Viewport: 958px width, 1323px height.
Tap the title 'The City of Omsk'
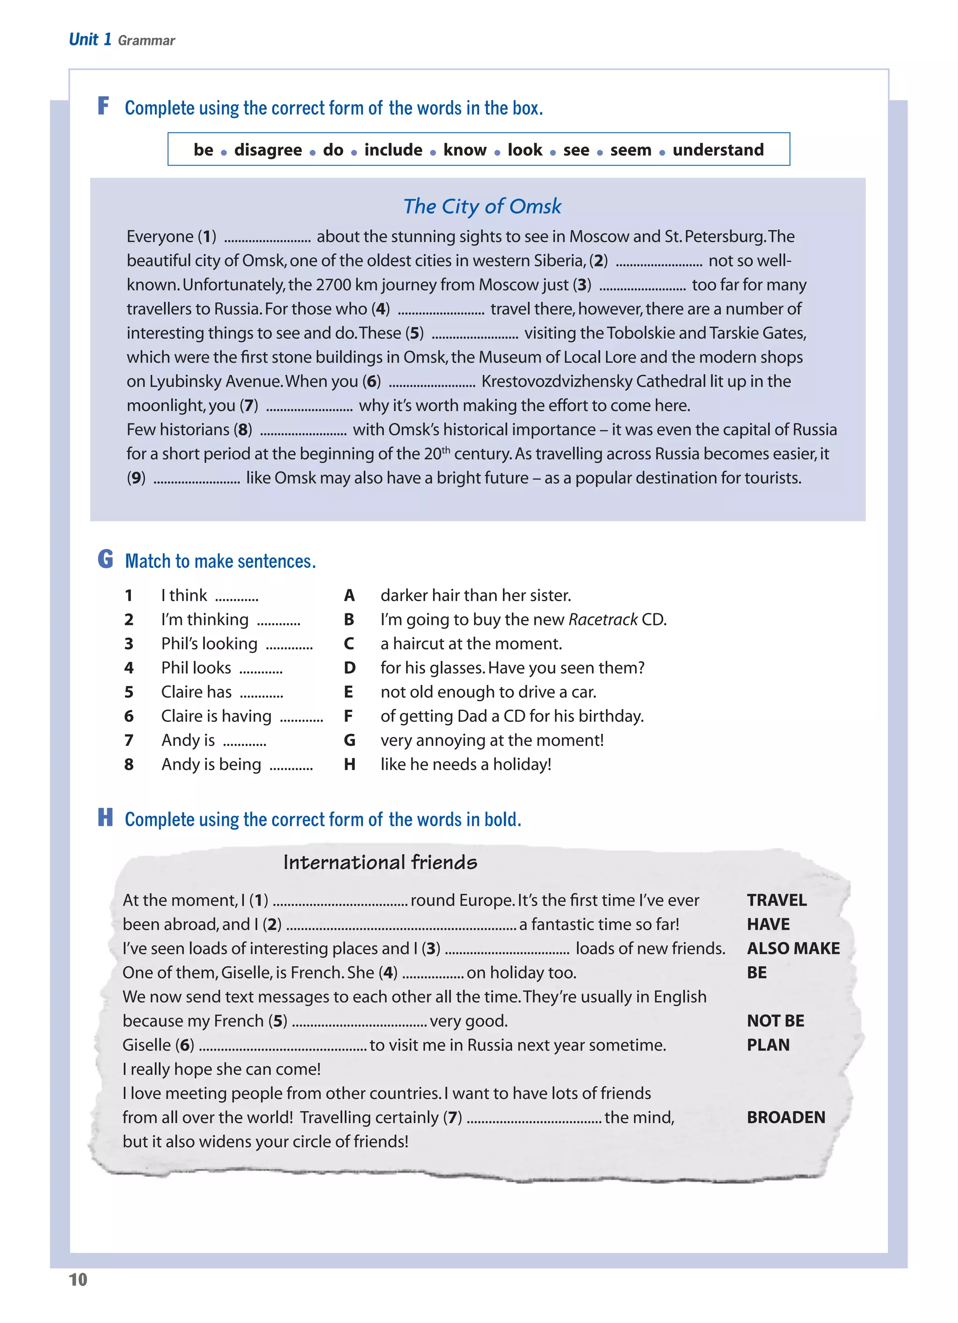coord(482,206)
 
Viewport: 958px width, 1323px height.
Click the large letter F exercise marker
coord(103,106)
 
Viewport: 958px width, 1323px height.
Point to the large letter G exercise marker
coord(105,559)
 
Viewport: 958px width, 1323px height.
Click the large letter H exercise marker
coord(105,817)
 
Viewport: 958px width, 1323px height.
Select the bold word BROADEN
coord(785,1117)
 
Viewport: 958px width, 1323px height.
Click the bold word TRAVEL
coord(777,900)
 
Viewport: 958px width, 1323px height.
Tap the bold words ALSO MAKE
coord(793,948)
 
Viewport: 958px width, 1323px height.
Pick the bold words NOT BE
coord(776,1021)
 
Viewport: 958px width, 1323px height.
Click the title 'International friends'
coord(380,862)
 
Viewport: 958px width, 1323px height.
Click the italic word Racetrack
coord(602,619)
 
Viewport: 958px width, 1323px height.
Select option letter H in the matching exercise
coord(349,764)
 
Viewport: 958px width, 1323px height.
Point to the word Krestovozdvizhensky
coord(557,381)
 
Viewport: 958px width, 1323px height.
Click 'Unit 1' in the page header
coord(90,39)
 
